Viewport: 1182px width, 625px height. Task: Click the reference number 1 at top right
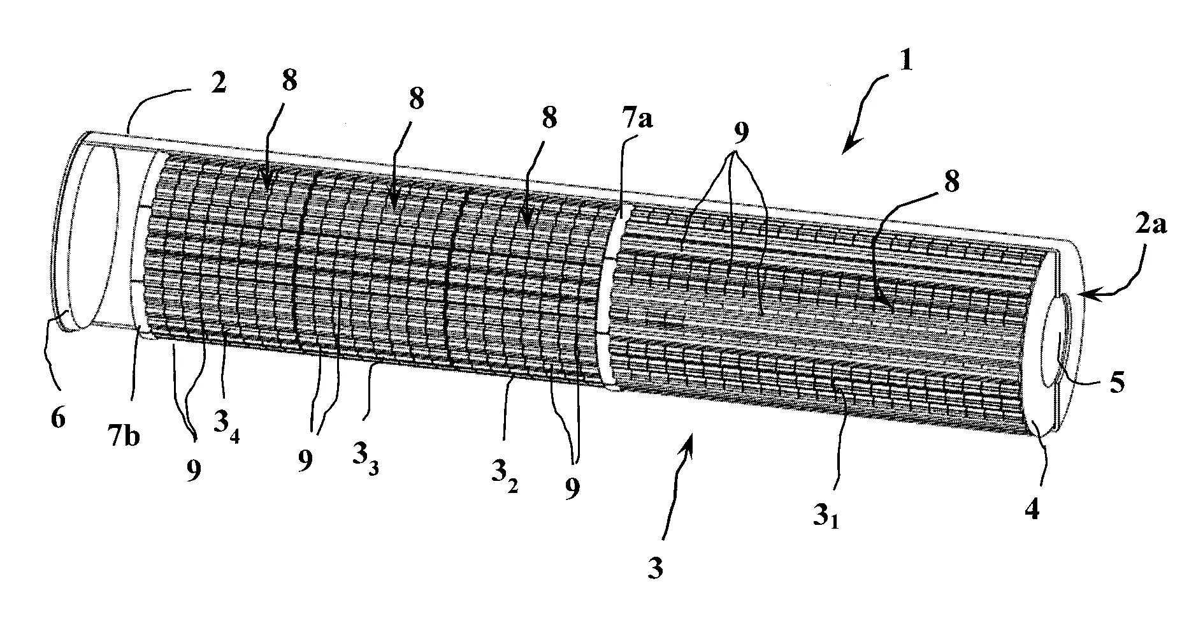[905, 62]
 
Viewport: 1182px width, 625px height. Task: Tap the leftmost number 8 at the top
[289, 85]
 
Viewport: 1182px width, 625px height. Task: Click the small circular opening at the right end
[1058, 341]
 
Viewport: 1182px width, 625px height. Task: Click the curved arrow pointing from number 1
[864, 108]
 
